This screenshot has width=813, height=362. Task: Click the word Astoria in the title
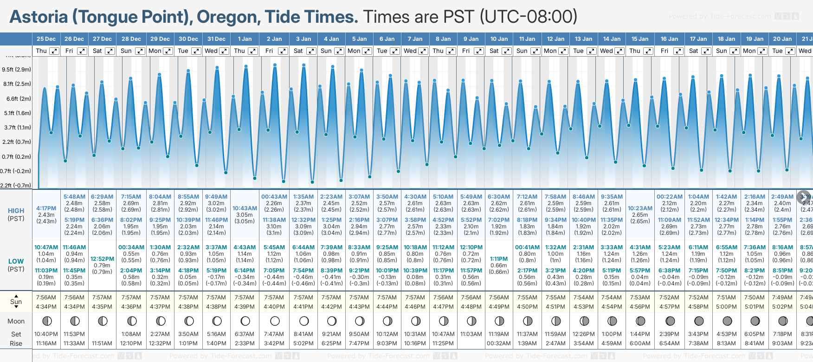[x=39, y=17]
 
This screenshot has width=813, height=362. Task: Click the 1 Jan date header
[x=245, y=39]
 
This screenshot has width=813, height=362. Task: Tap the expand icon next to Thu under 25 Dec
[x=54, y=51]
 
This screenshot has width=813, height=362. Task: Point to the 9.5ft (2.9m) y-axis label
[x=16, y=70]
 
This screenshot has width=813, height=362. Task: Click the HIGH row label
[x=16, y=211]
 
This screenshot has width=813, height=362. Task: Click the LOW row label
[x=16, y=262]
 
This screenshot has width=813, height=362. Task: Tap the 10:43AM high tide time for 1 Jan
[x=245, y=208]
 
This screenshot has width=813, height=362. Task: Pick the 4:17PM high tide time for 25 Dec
[x=46, y=208]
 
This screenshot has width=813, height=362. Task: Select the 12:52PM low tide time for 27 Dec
[x=102, y=259]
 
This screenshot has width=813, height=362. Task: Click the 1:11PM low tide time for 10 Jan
[x=499, y=259]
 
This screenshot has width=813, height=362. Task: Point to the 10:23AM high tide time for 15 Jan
[x=640, y=208]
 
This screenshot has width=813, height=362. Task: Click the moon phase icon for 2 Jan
[x=275, y=321]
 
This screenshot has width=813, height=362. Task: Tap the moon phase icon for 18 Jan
[x=727, y=321]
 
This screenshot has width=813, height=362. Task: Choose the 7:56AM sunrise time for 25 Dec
[x=46, y=297]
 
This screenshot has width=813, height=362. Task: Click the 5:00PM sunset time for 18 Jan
[x=726, y=307]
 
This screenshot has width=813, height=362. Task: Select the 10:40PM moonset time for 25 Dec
[x=46, y=334]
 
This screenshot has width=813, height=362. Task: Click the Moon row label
[x=16, y=321]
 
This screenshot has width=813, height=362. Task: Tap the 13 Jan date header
[x=583, y=39]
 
